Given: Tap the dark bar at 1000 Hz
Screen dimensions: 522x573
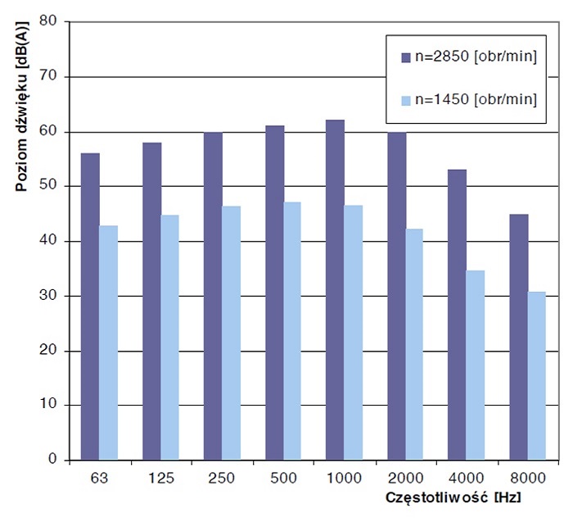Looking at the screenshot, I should click(x=335, y=290).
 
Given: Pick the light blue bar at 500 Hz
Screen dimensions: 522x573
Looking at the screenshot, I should click(x=291, y=331).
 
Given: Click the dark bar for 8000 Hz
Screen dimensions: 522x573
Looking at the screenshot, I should click(x=518, y=337).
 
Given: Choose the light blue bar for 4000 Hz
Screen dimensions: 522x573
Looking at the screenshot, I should click(x=476, y=365).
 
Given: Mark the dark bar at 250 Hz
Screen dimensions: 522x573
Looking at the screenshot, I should click(x=213, y=296).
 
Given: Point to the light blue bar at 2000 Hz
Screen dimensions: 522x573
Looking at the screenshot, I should click(x=414, y=344).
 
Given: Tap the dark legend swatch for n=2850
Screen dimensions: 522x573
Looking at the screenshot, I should click(x=404, y=57).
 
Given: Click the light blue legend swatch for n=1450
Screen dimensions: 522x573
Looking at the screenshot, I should click(x=404, y=100).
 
